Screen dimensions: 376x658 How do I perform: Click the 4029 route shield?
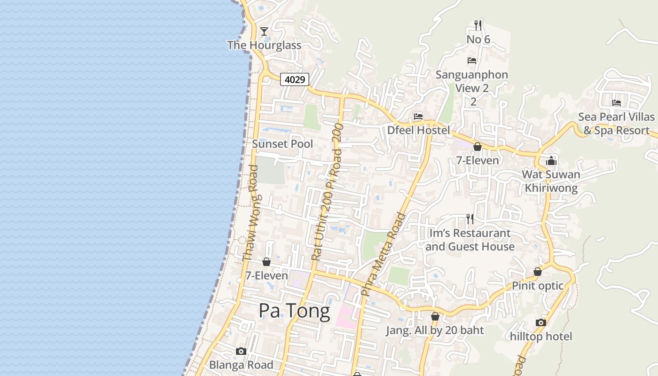click(x=295, y=79)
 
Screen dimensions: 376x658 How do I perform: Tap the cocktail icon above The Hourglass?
click(x=264, y=31)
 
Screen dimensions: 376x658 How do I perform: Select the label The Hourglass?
click(x=264, y=45)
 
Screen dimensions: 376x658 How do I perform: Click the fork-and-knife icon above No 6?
click(x=478, y=25)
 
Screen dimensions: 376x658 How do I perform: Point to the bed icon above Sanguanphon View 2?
click(x=472, y=61)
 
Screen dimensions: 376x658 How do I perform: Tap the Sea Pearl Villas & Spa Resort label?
click(x=616, y=124)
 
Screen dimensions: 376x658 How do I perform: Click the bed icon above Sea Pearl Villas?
click(x=617, y=102)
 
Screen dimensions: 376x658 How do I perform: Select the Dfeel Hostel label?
click(x=418, y=130)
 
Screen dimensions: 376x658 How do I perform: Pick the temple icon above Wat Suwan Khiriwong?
click(x=551, y=161)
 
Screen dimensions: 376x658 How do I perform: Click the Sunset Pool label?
click(x=282, y=144)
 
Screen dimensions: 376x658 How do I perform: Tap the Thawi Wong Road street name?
click(x=251, y=212)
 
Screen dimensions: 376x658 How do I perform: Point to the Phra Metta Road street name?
click(x=384, y=254)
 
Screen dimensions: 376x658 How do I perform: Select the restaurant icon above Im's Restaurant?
click(x=469, y=219)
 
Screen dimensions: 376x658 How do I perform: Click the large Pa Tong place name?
click(x=295, y=311)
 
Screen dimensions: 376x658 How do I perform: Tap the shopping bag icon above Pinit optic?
click(x=537, y=272)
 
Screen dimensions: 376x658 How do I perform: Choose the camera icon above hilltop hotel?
click(x=541, y=322)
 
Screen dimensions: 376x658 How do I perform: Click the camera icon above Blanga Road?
click(x=241, y=351)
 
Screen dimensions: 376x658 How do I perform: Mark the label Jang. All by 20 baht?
click(x=435, y=330)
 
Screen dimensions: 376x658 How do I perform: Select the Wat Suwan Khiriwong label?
click(x=551, y=181)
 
